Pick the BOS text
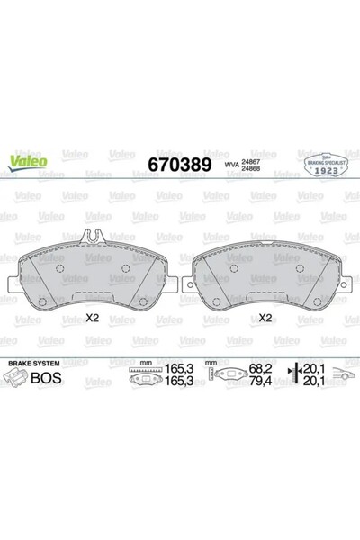[x=46, y=378]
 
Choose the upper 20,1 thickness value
[x=314, y=368]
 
